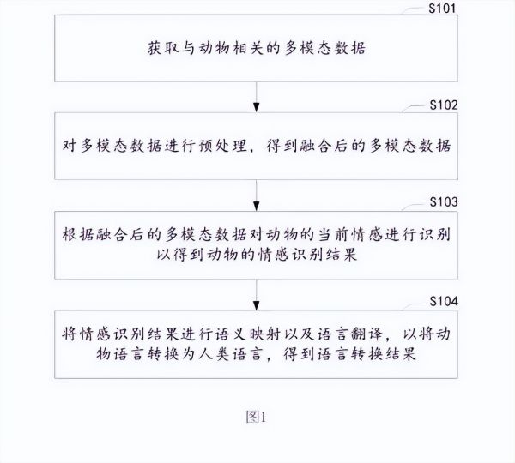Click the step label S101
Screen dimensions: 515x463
442,9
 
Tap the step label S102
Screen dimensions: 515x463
444,105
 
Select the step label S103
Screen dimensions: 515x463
444,202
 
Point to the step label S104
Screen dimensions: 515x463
444,301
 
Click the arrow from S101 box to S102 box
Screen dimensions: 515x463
256,97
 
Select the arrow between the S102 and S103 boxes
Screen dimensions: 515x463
256,195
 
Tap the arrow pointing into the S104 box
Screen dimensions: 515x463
256,295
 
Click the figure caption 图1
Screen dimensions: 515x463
256,417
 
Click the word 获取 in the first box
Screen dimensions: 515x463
163,48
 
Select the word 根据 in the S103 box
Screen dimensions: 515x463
78,235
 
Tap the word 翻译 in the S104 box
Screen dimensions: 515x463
367,334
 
